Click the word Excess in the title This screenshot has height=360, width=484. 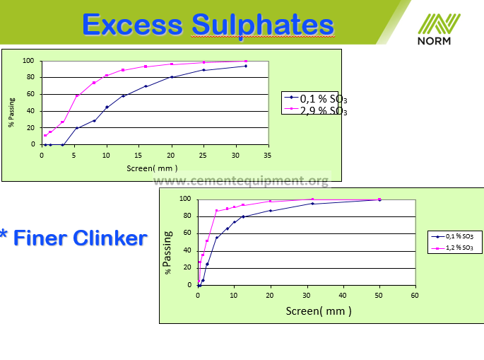click(133, 25)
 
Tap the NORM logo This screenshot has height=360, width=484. click(439, 30)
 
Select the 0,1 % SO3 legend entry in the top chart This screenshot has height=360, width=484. click(315, 98)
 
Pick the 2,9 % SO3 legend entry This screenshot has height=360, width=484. click(315, 110)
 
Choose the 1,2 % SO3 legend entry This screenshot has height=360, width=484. click(452, 248)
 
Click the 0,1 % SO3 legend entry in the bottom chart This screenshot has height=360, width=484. click(452, 237)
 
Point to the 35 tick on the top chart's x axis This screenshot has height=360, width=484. click(267, 156)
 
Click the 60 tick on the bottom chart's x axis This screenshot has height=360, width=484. click(415, 296)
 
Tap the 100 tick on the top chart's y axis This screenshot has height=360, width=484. click(28, 61)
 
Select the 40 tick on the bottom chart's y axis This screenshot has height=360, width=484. click(187, 250)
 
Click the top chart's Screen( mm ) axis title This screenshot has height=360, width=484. click(152, 168)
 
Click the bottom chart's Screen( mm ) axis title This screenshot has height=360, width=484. click(319, 311)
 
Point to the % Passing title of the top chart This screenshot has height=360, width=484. click(11, 112)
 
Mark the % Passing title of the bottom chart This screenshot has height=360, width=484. click(167, 252)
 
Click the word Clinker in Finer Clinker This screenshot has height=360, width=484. click(110, 238)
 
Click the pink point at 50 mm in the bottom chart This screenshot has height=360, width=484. click(379, 199)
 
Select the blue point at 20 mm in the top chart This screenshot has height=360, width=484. click(172, 77)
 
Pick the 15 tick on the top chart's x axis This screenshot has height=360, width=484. click(138, 156)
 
